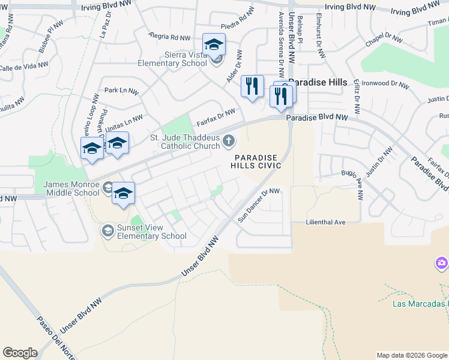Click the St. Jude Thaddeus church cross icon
228,141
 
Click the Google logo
20,353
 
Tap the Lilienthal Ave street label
326,222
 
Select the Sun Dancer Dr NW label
259,205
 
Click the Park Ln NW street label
121,91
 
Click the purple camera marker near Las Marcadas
442,263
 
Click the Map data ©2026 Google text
412,355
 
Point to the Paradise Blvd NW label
317,118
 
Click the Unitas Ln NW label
124,124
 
